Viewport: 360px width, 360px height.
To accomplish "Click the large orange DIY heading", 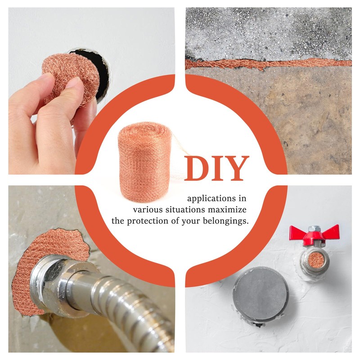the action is [x=216, y=168].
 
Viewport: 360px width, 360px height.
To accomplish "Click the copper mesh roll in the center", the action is [x=144, y=162].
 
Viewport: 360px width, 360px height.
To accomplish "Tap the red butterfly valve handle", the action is [x=314, y=234].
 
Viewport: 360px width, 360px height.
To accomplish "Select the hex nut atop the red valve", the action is [x=314, y=229].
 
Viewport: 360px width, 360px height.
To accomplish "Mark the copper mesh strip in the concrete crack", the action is [x=268, y=63].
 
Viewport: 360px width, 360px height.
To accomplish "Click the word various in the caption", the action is [x=148, y=210].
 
